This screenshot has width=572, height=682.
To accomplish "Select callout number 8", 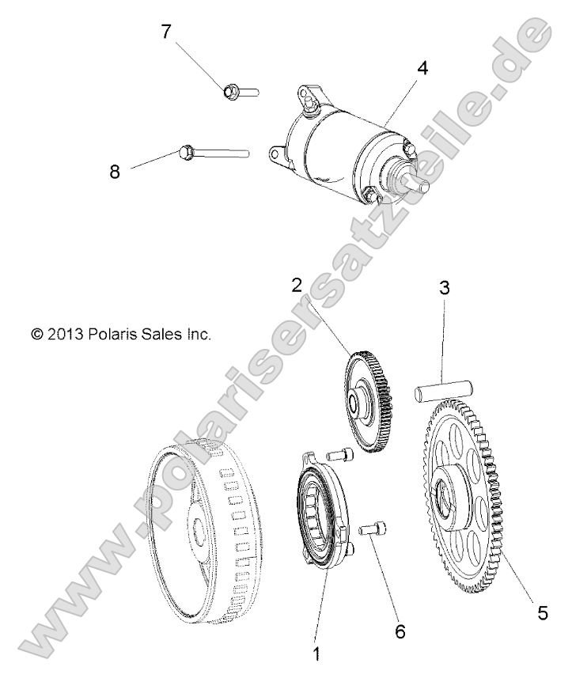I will (116, 172).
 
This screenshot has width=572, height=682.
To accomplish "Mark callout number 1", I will (317, 654).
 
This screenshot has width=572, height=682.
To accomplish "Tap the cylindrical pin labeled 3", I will (444, 388).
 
